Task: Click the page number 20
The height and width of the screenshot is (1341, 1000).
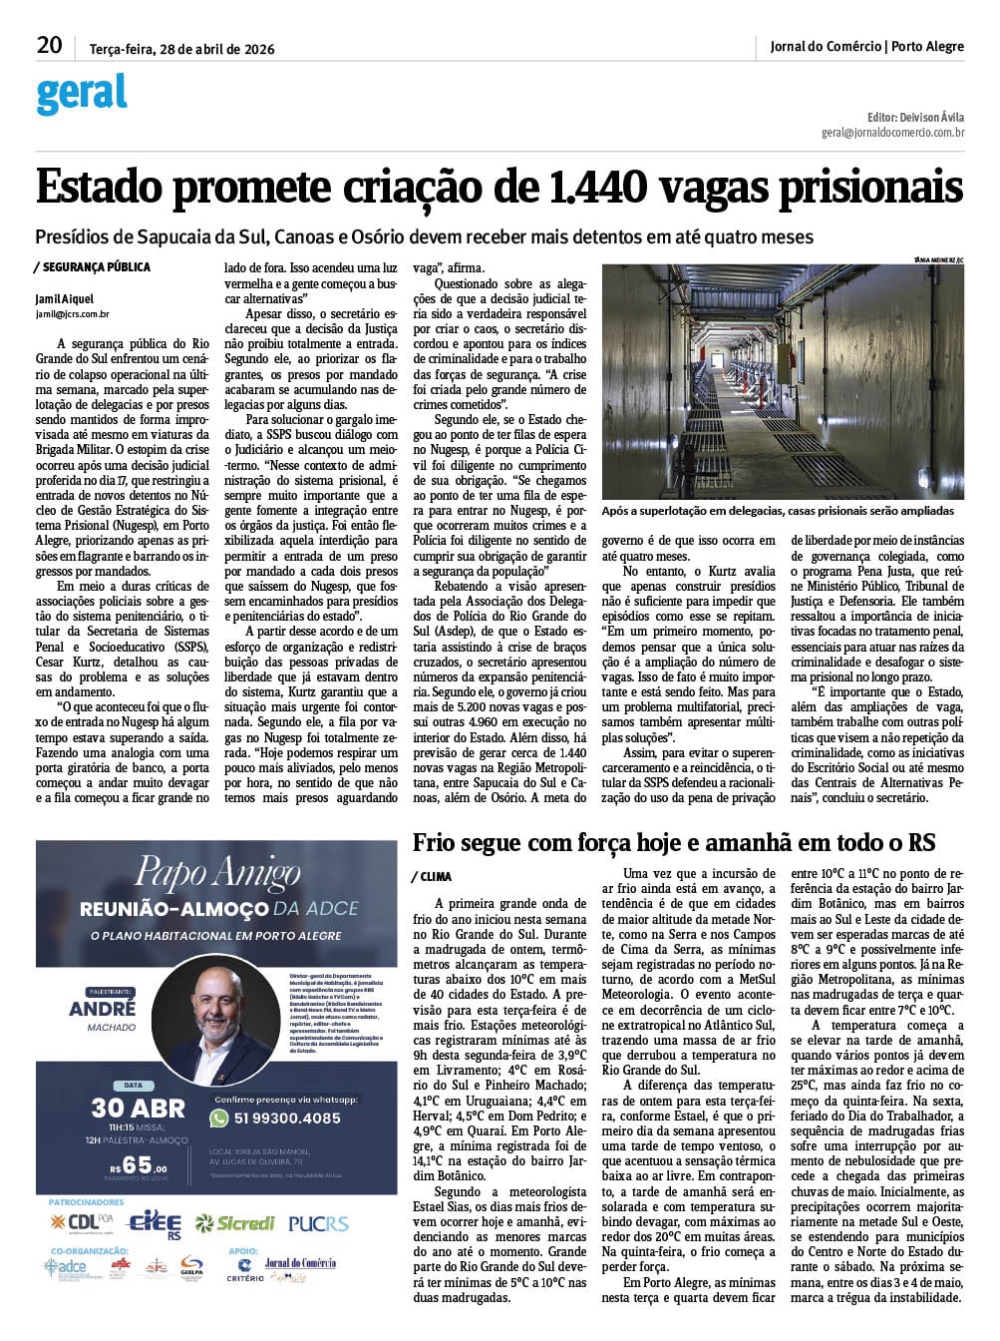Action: [49, 45]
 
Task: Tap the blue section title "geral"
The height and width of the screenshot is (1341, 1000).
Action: [82, 95]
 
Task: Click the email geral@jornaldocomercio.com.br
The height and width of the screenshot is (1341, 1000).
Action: [892, 132]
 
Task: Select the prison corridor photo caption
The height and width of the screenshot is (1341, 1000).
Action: [778, 511]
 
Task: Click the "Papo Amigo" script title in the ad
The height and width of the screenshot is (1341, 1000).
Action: [217, 873]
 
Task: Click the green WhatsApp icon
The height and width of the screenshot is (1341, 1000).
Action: [219, 1117]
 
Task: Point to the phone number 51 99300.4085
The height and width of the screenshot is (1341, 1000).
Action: [287, 1117]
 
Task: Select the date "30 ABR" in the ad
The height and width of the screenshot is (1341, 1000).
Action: [138, 1108]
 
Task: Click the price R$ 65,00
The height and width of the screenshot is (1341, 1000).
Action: [138, 1164]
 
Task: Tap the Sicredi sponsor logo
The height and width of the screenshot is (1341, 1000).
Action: [234, 1223]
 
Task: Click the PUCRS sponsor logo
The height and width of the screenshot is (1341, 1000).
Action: [318, 1223]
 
